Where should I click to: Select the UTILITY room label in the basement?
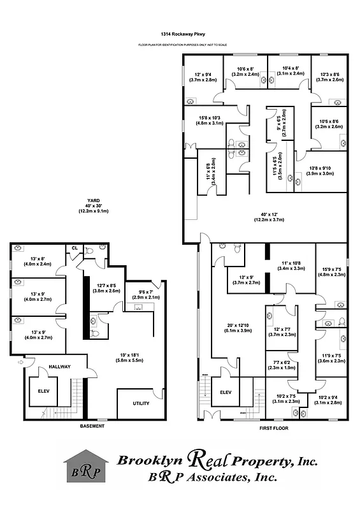point(141,404)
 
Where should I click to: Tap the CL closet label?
point(75,249)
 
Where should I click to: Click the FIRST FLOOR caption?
point(274,428)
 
